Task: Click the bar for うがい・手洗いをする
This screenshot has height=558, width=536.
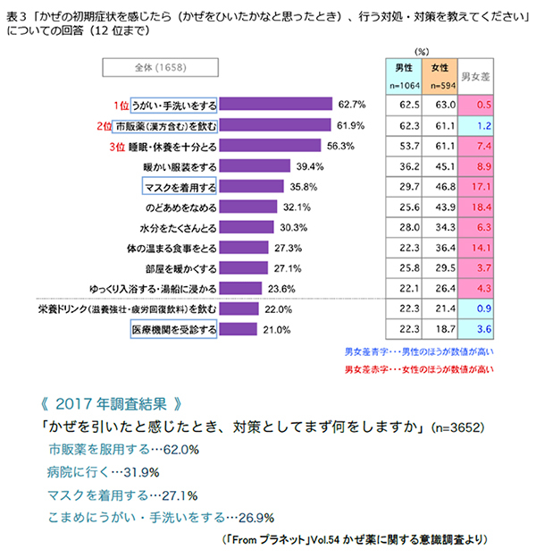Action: tap(275, 103)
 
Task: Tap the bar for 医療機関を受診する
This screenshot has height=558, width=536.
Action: tap(236, 330)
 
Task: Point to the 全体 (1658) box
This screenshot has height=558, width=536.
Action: tap(159, 68)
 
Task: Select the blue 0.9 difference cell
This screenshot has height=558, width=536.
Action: tap(479, 309)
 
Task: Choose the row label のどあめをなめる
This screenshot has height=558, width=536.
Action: tap(176, 207)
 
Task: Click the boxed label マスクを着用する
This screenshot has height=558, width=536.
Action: tap(179, 186)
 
